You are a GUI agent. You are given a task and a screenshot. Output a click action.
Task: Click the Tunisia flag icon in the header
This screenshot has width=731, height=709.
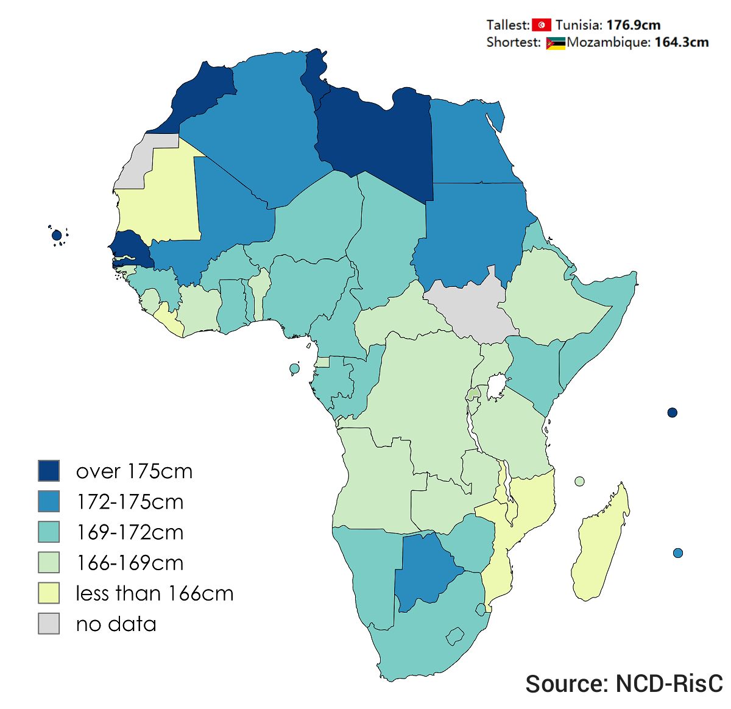pos(541,25)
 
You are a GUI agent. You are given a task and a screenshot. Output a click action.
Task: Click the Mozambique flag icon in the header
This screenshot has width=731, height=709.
pos(556,43)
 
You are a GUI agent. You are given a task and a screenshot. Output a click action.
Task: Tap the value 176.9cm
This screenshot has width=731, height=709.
pos(634,25)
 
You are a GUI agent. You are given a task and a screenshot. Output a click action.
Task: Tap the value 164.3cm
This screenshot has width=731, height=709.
pos(682,43)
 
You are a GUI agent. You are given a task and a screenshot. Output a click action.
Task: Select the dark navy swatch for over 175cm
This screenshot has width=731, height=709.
pos(49,471)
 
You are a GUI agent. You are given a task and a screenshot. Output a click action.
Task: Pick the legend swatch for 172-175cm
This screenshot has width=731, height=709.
pos(49,501)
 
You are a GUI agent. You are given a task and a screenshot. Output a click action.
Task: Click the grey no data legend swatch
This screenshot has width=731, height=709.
pos(49,623)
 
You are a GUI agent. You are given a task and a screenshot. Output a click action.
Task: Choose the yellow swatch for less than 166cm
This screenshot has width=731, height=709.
pos(49,593)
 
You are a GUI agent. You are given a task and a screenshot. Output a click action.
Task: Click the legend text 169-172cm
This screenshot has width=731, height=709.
pos(130,532)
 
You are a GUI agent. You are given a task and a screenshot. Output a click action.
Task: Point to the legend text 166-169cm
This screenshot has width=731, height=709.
pos(130,563)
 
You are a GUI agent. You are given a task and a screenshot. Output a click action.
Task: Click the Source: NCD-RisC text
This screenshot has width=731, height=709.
pos(624,683)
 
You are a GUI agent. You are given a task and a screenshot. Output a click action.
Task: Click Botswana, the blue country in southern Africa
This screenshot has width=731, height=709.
pos(426,570)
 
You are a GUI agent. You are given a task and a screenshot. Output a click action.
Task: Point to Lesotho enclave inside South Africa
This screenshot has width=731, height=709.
pos(454,637)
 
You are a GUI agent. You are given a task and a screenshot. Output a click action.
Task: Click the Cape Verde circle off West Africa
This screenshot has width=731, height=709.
pos(57,235)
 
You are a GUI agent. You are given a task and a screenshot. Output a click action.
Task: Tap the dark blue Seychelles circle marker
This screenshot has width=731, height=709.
pos(673,412)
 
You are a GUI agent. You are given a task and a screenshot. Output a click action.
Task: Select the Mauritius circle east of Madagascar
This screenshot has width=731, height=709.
pos(678,553)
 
